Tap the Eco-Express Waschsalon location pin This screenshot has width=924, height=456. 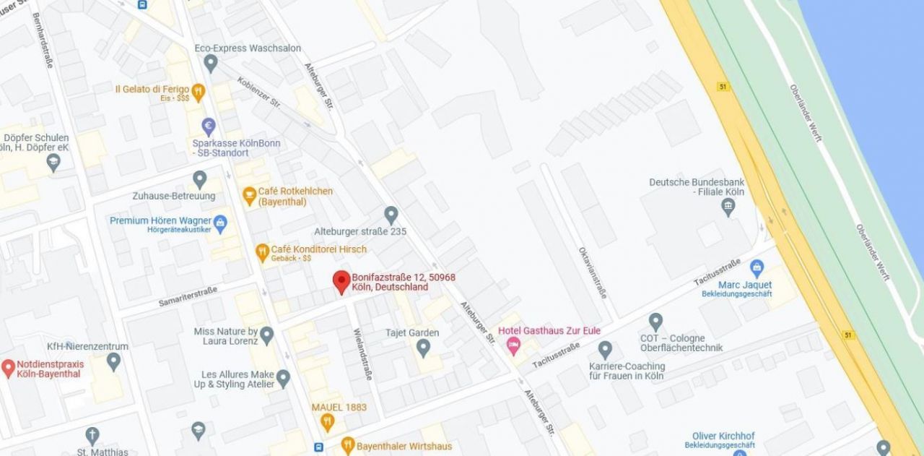[211, 63]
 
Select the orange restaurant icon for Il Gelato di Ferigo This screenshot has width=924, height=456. [199, 91]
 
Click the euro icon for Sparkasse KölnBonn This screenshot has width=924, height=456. [209, 126]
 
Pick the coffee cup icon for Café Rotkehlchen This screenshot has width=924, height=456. [249, 194]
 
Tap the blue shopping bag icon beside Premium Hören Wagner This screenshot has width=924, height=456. [221, 221]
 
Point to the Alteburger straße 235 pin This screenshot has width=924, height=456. [391, 215]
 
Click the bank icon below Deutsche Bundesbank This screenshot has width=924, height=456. [728, 207]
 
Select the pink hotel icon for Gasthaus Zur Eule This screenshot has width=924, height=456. [513, 347]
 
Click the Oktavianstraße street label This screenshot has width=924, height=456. [593, 272]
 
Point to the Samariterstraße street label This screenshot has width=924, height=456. [188, 296]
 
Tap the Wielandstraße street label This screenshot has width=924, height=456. [362, 354]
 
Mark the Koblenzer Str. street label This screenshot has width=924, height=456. [258, 93]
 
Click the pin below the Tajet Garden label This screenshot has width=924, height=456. [424, 348]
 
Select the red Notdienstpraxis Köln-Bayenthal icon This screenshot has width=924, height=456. [8, 369]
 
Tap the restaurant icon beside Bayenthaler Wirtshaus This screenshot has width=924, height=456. [347, 445]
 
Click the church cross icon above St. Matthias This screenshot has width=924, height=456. [92, 436]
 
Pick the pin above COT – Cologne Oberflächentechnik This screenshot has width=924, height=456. [655, 322]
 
